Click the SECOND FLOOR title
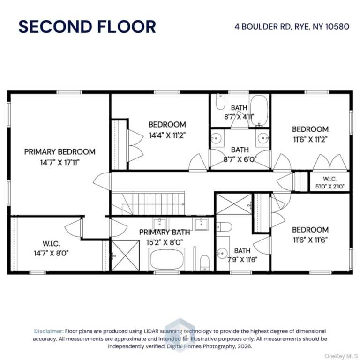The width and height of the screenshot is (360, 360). click(87, 27)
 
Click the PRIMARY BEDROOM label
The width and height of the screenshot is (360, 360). click(60, 152)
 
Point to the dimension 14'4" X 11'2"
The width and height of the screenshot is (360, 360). click(167, 135)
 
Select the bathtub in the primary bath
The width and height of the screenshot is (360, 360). click(167, 259)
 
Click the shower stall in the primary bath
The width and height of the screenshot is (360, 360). click(125, 255)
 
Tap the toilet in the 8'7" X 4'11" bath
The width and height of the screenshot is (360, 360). click(221, 102)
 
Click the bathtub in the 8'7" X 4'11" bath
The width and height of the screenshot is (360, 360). click(259, 111)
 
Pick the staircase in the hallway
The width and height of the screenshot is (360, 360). click(148, 203)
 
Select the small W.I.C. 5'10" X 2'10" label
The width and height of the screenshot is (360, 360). click(330, 182)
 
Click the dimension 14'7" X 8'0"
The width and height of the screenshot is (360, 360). click(51, 253)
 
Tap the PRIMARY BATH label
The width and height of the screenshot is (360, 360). click(165, 232)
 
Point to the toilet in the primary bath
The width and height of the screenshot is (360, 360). click(204, 263)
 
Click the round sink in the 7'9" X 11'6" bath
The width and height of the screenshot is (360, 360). click(222, 253)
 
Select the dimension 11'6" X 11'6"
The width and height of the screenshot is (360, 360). click(310, 240)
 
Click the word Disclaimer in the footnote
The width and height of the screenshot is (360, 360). click(49, 331)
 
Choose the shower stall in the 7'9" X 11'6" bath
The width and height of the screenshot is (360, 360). click(234, 204)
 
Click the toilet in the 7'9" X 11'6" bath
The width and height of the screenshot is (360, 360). click(225, 227)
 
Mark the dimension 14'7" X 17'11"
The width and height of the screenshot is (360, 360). click(60, 163)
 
